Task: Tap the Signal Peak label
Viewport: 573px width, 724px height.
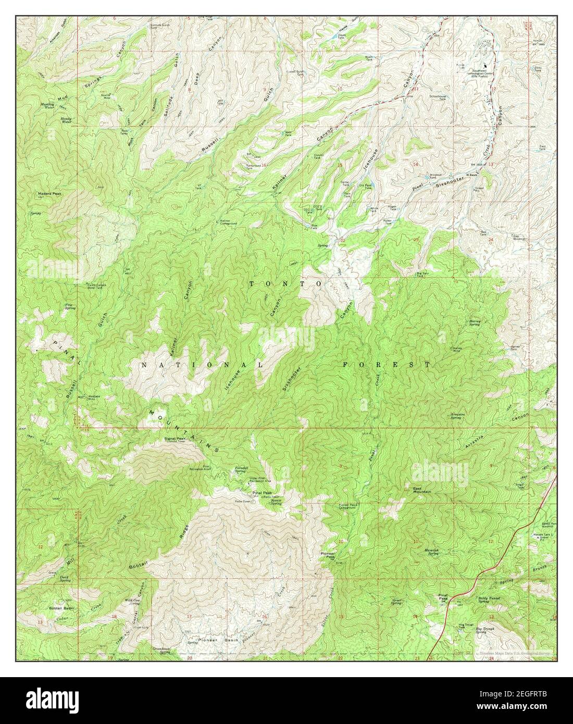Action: (175, 439)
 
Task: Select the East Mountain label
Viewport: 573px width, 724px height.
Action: (423, 489)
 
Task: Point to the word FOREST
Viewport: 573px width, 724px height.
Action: (387, 365)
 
